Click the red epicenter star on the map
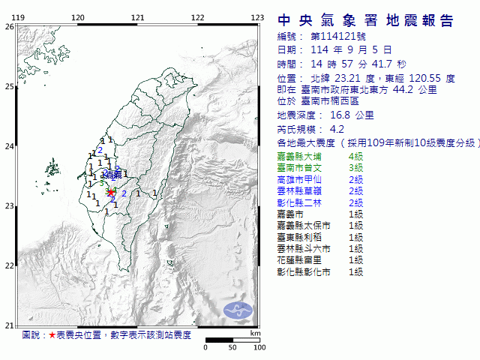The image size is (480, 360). coord(111,192)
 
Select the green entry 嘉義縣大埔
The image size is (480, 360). coord(299,157)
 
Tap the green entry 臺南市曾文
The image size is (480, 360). coord(299,169)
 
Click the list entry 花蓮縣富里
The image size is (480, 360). coord(299,259)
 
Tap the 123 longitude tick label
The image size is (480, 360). coord(256,17)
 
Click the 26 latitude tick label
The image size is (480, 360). coord(8,26)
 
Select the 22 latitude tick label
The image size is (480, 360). coord(8,265)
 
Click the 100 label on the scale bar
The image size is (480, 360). coord(259,348)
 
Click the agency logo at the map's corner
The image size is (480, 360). coord(239,308)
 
